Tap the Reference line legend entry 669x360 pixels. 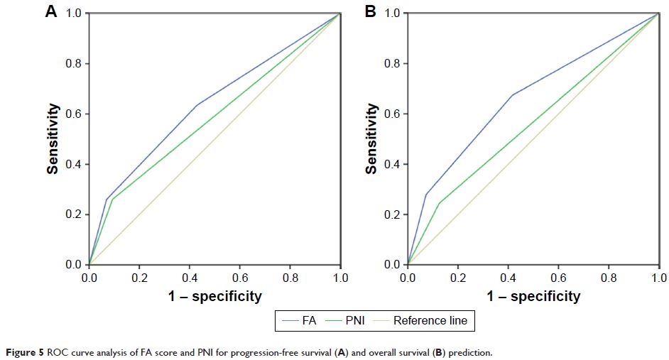(430, 321)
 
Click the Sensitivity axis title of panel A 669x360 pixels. (53, 139)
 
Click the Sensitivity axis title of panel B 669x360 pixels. (371, 139)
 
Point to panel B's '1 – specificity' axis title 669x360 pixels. (533, 296)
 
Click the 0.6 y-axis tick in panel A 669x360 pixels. (73, 114)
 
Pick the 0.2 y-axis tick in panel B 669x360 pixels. (391, 215)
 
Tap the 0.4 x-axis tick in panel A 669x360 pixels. (190, 278)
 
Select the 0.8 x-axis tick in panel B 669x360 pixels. (609, 278)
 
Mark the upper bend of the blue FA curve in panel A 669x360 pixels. (197, 105)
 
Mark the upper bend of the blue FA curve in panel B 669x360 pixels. (512, 95)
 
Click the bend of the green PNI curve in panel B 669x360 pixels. (438, 204)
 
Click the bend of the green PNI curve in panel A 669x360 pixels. (111, 200)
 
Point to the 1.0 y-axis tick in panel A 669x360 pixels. (73, 13)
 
